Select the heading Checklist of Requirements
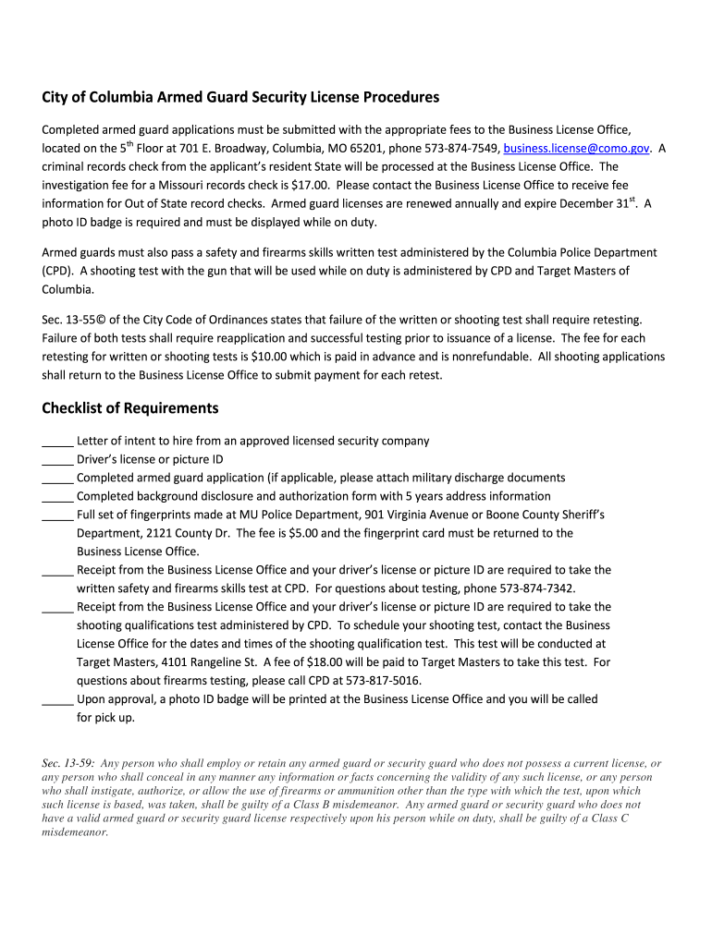click(130, 408)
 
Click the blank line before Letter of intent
click(57, 442)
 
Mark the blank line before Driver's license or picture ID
click(57, 460)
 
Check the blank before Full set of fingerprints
click(57, 515)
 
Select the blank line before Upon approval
click(57, 700)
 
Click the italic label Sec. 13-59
click(68, 764)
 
